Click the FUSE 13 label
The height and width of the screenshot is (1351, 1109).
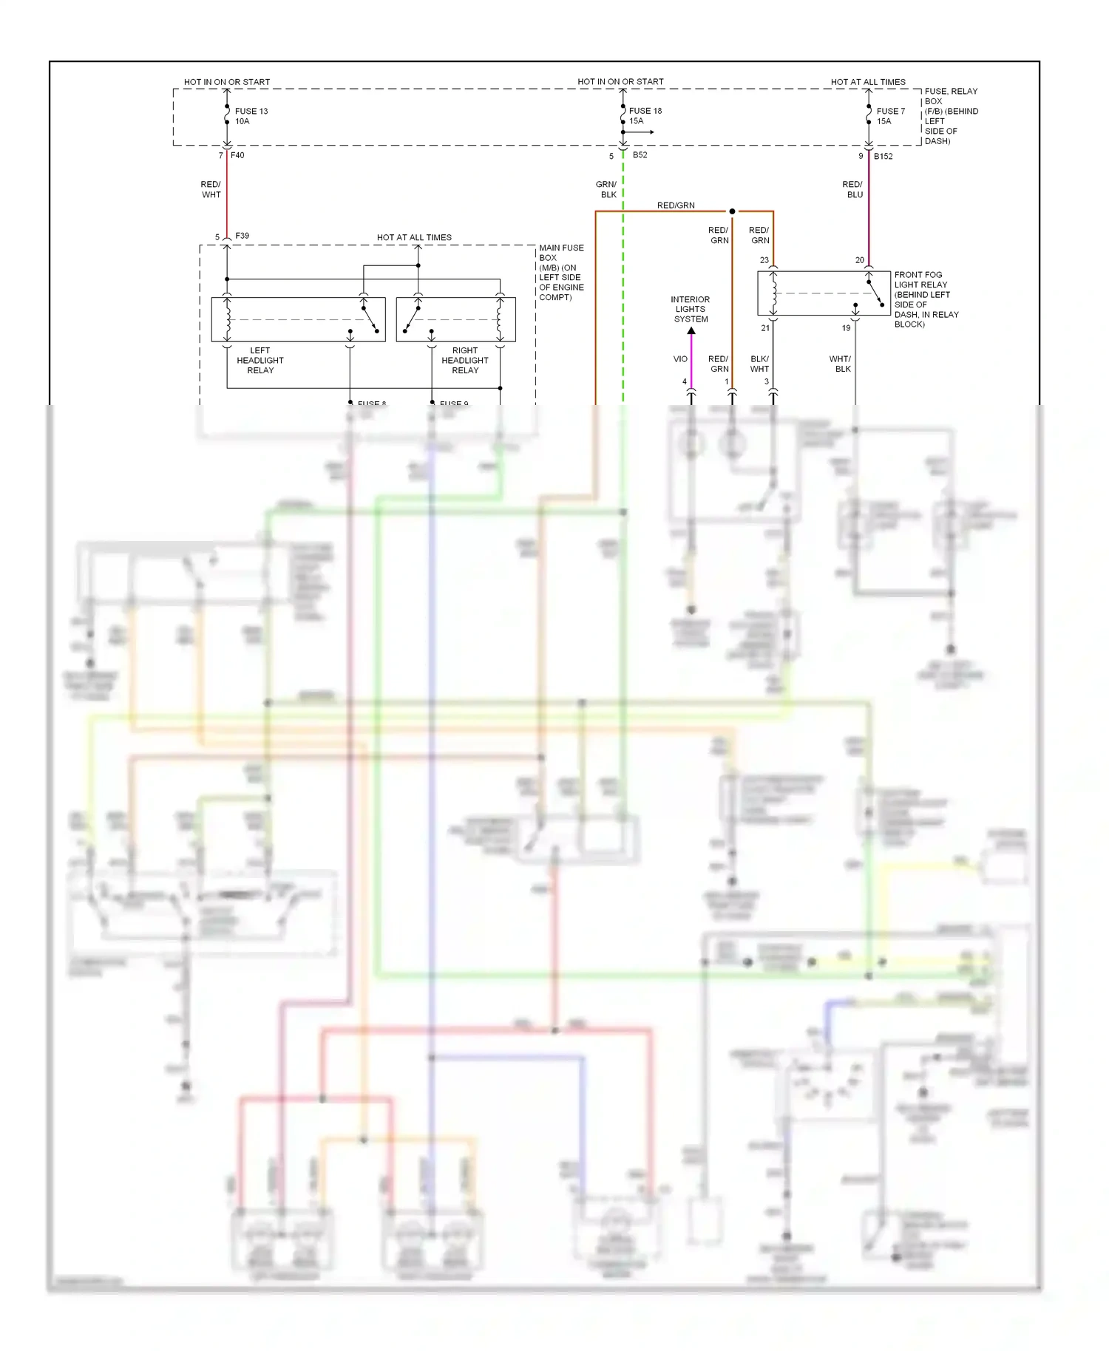point(251,112)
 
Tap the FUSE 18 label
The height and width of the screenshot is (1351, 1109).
point(645,111)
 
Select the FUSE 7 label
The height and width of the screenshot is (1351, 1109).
point(891,112)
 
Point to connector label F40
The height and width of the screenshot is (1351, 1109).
point(237,155)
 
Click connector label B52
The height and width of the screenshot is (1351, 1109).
point(640,155)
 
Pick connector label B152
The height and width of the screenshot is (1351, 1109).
point(884,156)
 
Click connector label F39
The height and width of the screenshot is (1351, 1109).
point(242,236)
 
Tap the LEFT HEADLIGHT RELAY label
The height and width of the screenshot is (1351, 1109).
point(260,361)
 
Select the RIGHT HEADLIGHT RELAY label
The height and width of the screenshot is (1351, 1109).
point(465,361)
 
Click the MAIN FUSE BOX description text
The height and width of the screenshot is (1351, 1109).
point(561,273)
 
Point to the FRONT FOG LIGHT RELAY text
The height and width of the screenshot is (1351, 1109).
point(926,299)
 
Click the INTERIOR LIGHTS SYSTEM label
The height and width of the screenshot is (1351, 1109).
point(691,310)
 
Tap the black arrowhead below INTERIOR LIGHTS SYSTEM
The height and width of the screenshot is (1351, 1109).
point(691,331)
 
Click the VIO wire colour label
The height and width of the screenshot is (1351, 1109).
point(680,359)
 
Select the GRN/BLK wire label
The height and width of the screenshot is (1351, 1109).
point(606,190)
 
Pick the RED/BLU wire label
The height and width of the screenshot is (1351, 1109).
point(852,190)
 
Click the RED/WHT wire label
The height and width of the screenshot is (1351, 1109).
point(211,190)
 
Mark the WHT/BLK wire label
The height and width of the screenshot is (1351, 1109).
point(841,364)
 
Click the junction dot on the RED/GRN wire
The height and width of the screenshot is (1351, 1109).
point(732,211)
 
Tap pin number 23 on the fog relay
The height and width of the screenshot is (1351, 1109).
point(764,260)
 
